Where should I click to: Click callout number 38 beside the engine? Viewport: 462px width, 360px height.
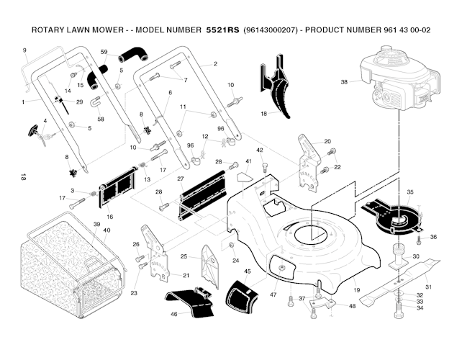pyautogui.click(x=344, y=82)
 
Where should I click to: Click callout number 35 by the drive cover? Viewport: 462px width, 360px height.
pyautogui.click(x=410, y=192)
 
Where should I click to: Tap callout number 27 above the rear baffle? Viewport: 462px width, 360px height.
pyautogui.click(x=181, y=179)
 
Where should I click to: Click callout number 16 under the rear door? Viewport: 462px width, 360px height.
pyautogui.click(x=110, y=216)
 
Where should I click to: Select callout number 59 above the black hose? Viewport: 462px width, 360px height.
pyautogui.click(x=104, y=52)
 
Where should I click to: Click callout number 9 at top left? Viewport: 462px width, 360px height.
pyautogui.click(x=24, y=49)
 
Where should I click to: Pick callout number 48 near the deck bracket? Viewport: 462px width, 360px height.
pyautogui.click(x=352, y=306)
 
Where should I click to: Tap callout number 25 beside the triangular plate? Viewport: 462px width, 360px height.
pyautogui.click(x=184, y=256)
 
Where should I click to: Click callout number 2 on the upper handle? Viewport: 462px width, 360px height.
pyautogui.click(x=215, y=64)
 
